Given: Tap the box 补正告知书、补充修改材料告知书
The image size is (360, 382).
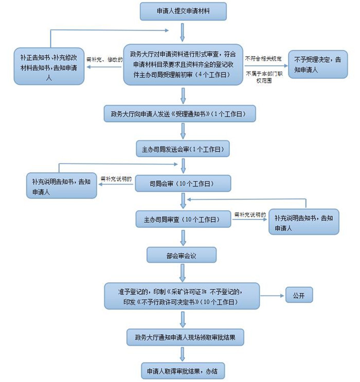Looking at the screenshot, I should pos(49,66).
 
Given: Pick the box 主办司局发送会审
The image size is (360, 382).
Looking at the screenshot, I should pos(183,150).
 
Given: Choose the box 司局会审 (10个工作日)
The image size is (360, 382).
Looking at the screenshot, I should pos(183,184).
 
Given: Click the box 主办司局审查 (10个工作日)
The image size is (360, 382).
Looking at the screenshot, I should pos(183,220).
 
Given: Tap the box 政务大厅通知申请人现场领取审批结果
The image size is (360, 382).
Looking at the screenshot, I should pos(183,337).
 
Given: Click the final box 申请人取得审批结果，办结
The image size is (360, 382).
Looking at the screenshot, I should pos(183,370).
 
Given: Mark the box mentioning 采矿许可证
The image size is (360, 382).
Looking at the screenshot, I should pos(183,296).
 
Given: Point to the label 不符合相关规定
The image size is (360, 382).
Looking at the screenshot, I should pos(264,57).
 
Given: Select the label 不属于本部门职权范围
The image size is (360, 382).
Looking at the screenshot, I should pos(264,78).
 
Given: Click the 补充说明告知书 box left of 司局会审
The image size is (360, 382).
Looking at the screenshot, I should pos(61,186).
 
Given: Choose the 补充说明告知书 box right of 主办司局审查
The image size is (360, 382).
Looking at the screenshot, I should pos(304,222).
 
